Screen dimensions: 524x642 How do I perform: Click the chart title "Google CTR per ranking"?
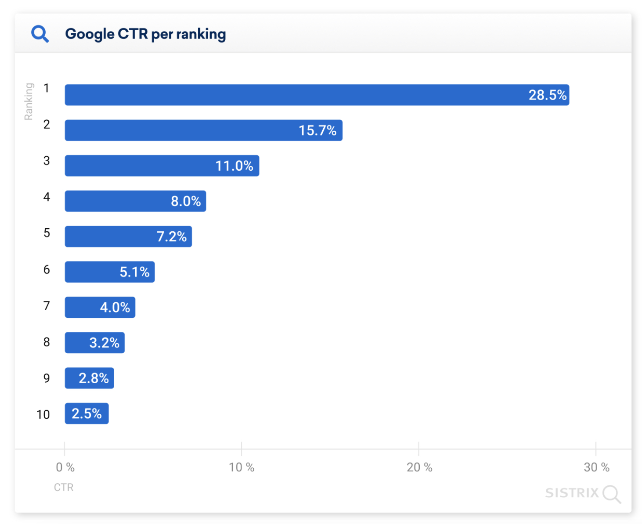coord(145,34)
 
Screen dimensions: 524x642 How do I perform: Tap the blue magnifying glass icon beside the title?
coord(40,34)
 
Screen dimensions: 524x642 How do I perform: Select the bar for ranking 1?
coord(316,95)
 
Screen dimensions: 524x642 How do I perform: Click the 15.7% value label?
coord(317,130)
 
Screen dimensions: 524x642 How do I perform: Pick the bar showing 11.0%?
coord(162,166)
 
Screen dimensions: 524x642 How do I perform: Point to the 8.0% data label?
coord(185,201)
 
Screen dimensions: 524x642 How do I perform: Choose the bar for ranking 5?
coord(128,237)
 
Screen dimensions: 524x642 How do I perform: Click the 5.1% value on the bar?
coord(134,272)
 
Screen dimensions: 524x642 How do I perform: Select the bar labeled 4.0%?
coord(100,307)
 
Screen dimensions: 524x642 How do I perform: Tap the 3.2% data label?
coord(104,343)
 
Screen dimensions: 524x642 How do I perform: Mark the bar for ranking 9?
coord(89,378)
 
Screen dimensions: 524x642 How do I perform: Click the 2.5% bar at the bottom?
coord(87,413)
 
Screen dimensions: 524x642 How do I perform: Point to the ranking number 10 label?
coord(43,415)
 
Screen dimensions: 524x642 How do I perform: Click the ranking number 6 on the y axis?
coord(47,269)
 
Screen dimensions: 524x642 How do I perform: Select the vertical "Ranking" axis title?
coord(29,101)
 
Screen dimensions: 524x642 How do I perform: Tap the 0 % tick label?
coord(65,467)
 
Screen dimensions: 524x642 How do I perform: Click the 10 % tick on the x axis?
coord(242,467)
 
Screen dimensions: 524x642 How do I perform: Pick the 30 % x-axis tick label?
coord(596,467)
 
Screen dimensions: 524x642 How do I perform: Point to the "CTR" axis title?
coord(64,488)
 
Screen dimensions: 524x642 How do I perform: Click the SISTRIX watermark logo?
coord(582,493)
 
